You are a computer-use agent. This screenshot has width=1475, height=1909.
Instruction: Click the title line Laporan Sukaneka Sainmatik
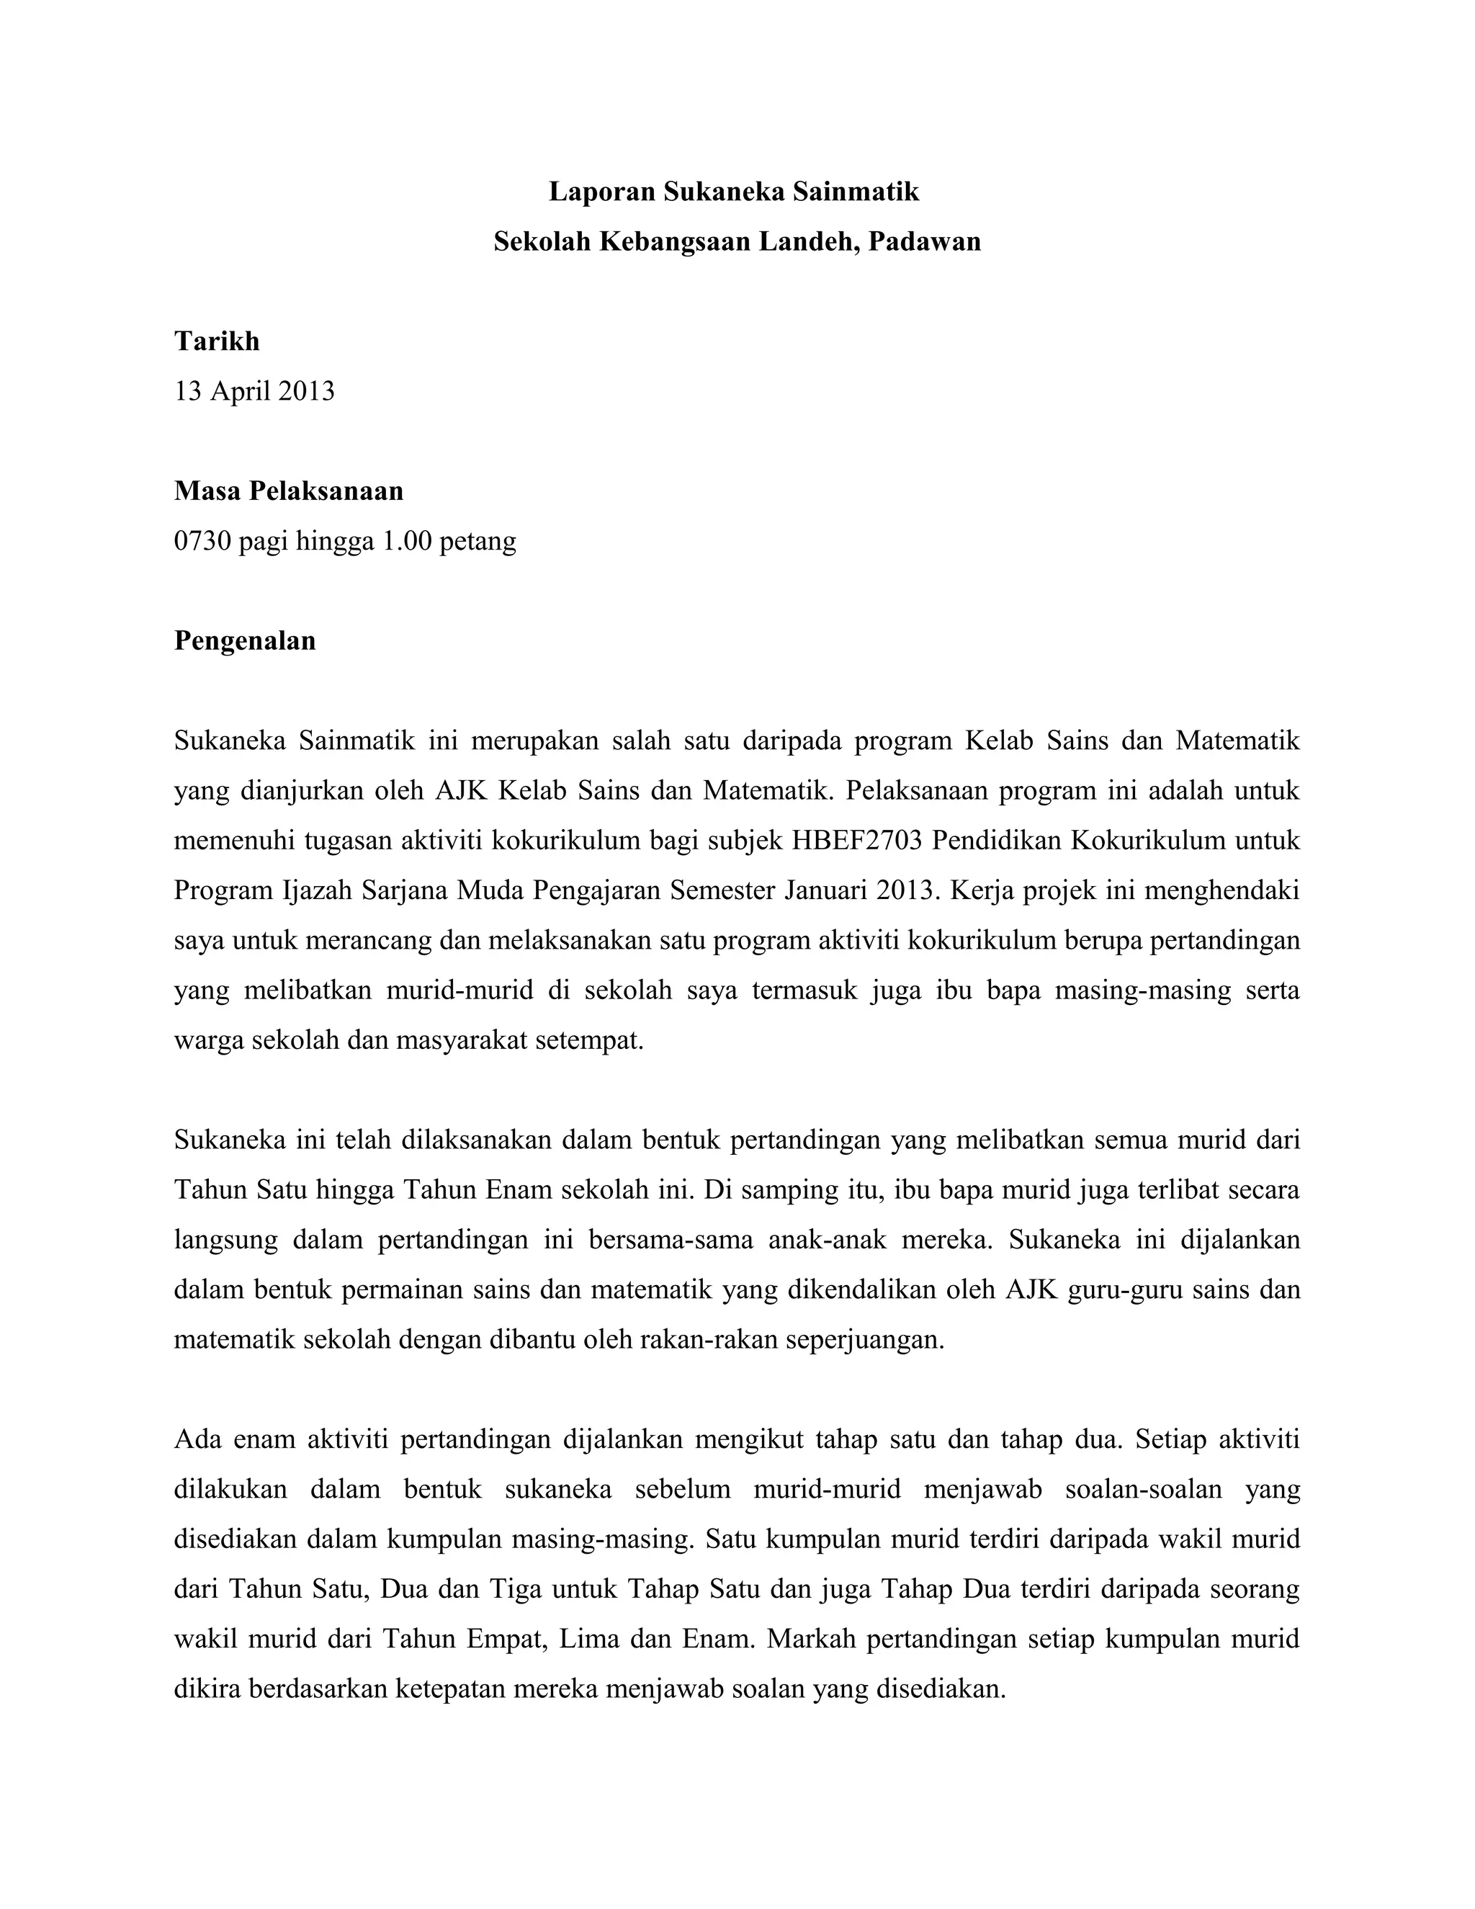pos(733,192)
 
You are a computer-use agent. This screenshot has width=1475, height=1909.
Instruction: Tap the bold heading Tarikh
pos(217,341)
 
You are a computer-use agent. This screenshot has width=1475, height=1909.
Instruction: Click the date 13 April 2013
pos(254,390)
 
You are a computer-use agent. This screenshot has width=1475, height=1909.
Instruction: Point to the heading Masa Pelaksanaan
pos(288,491)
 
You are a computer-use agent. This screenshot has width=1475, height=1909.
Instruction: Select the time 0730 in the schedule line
pos(202,541)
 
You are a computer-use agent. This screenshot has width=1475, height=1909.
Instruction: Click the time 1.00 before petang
pos(406,541)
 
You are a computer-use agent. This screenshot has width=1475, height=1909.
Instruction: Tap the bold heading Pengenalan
pos(245,640)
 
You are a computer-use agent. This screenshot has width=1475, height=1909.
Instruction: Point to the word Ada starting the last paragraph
pos(197,1439)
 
